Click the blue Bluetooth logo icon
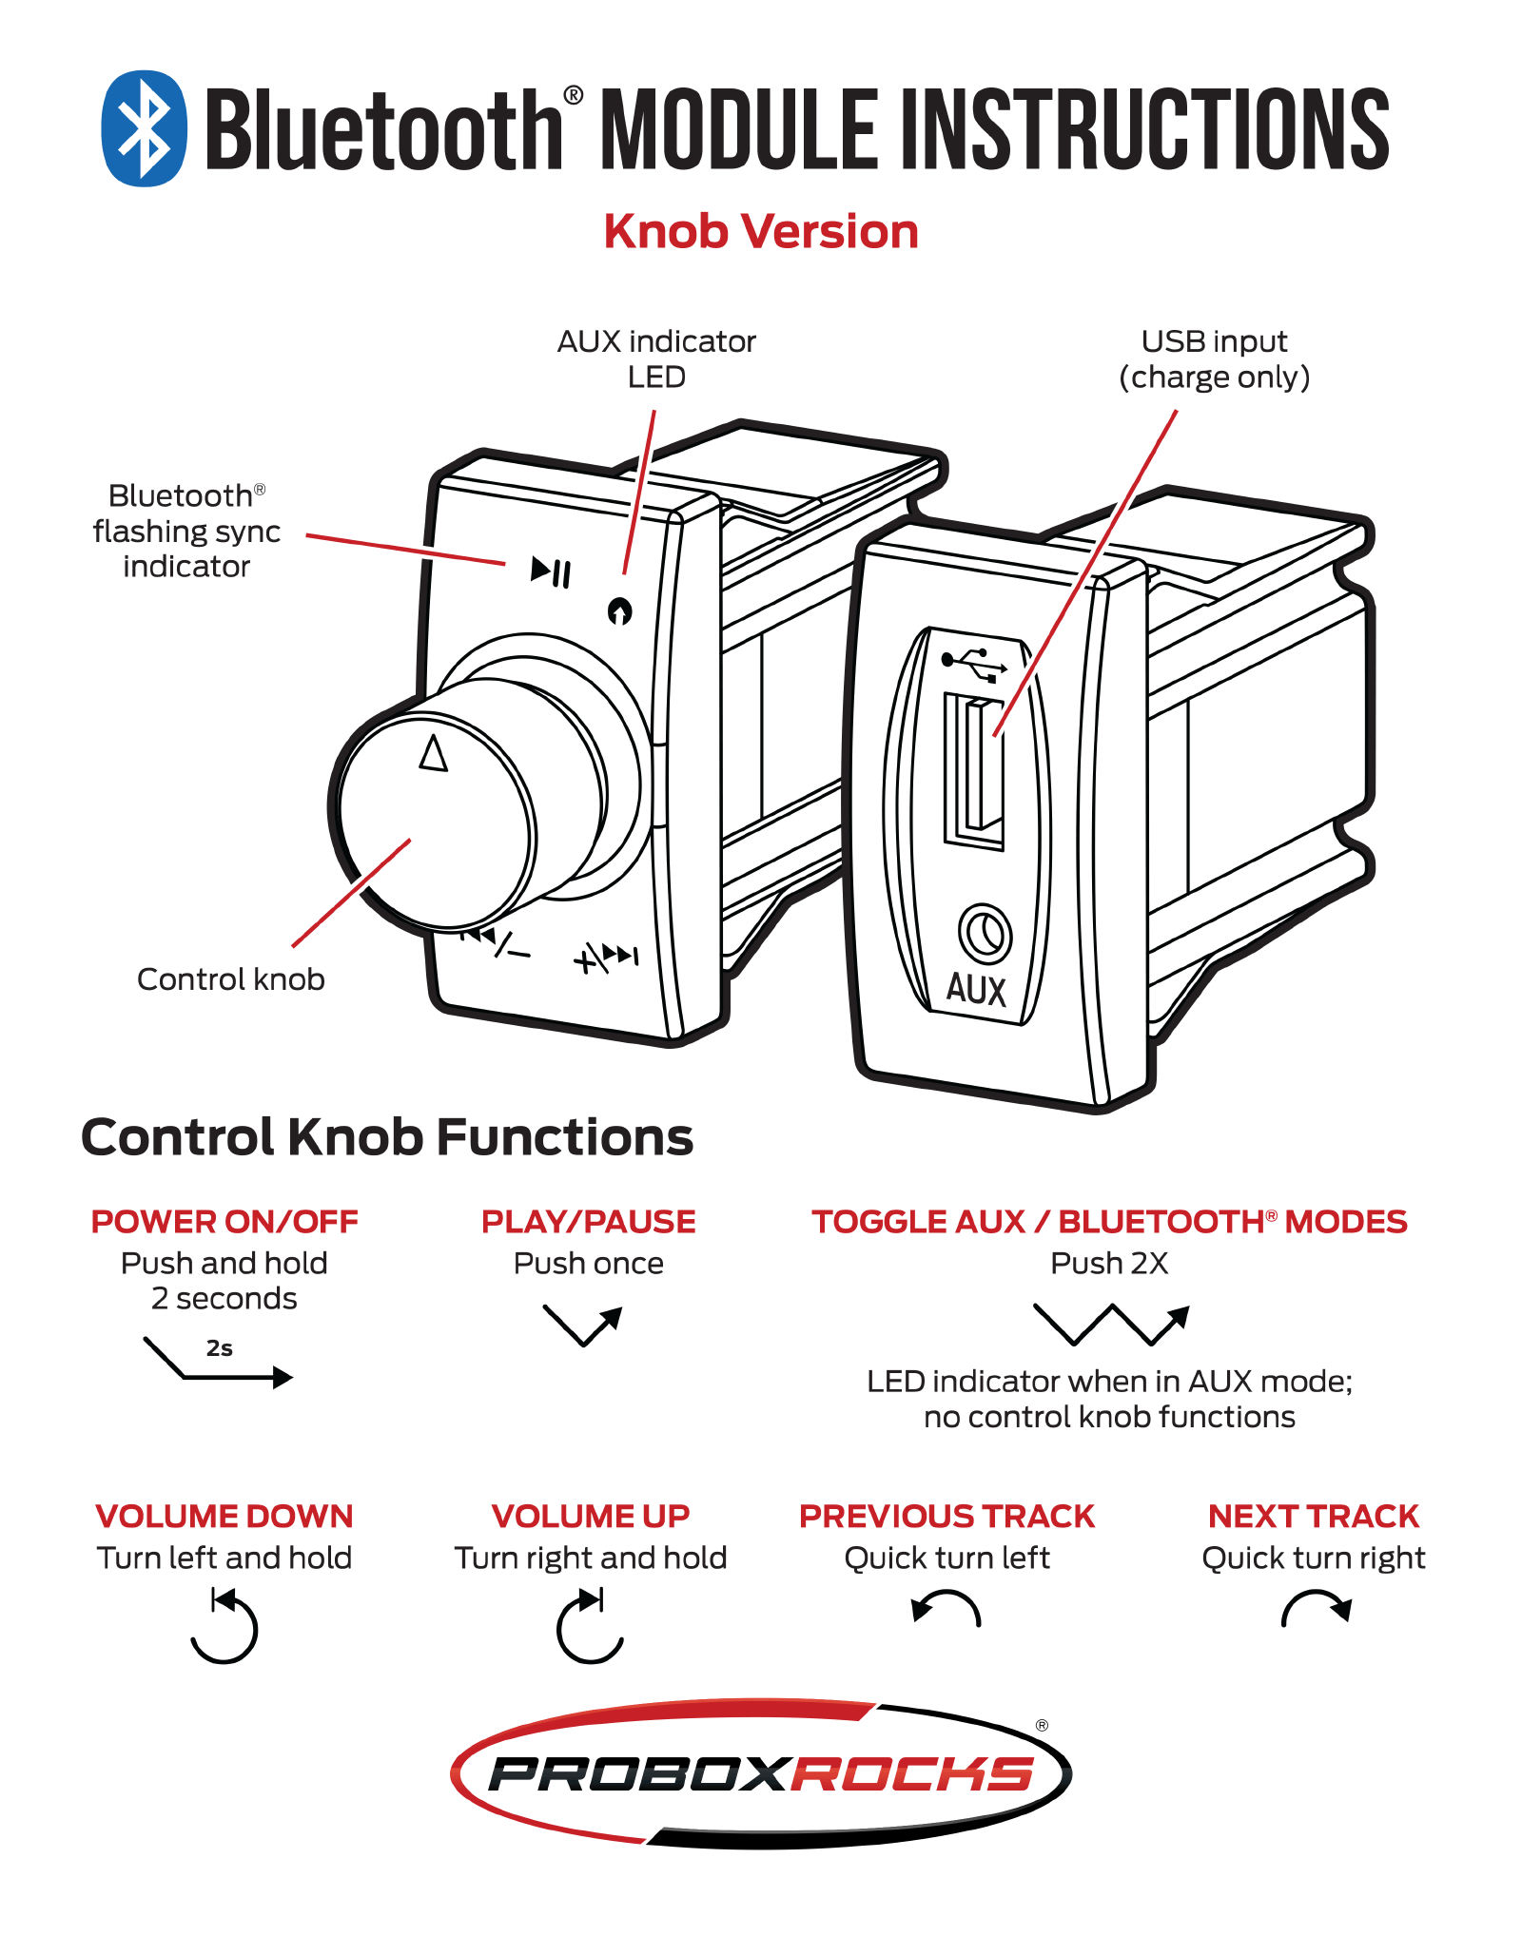click(x=144, y=128)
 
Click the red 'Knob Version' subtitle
click(x=761, y=231)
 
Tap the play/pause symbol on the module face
click(x=551, y=571)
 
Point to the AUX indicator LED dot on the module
click(x=619, y=611)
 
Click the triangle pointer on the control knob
click(x=434, y=754)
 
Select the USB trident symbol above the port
click(x=973, y=662)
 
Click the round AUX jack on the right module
click(x=985, y=934)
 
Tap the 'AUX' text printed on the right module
click(x=976, y=989)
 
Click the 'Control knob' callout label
click(x=231, y=979)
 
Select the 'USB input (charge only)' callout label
click(x=1215, y=359)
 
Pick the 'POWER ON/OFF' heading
click(x=224, y=1222)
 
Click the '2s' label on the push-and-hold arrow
click(x=220, y=1347)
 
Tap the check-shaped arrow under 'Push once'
click(x=583, y=1325)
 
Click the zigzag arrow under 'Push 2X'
click(x=1111, y=1323)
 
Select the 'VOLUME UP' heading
click(x=591, y=1517)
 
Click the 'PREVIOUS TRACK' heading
click(x=946, y=1517)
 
